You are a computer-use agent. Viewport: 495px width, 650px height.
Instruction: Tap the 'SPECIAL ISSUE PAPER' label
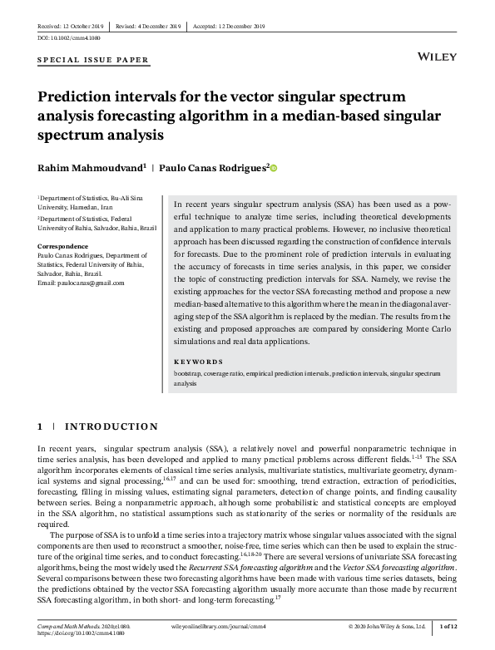click(93, 60)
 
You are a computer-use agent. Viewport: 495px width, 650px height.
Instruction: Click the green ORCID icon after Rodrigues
click(274, 168)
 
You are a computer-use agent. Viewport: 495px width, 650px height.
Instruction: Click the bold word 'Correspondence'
click(63, 247)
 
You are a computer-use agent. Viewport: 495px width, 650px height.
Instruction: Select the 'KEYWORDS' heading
click(198, 362)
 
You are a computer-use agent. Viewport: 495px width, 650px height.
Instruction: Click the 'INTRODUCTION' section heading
click(111, 427)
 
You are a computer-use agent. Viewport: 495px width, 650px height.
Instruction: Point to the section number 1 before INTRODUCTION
click(40, 427)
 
